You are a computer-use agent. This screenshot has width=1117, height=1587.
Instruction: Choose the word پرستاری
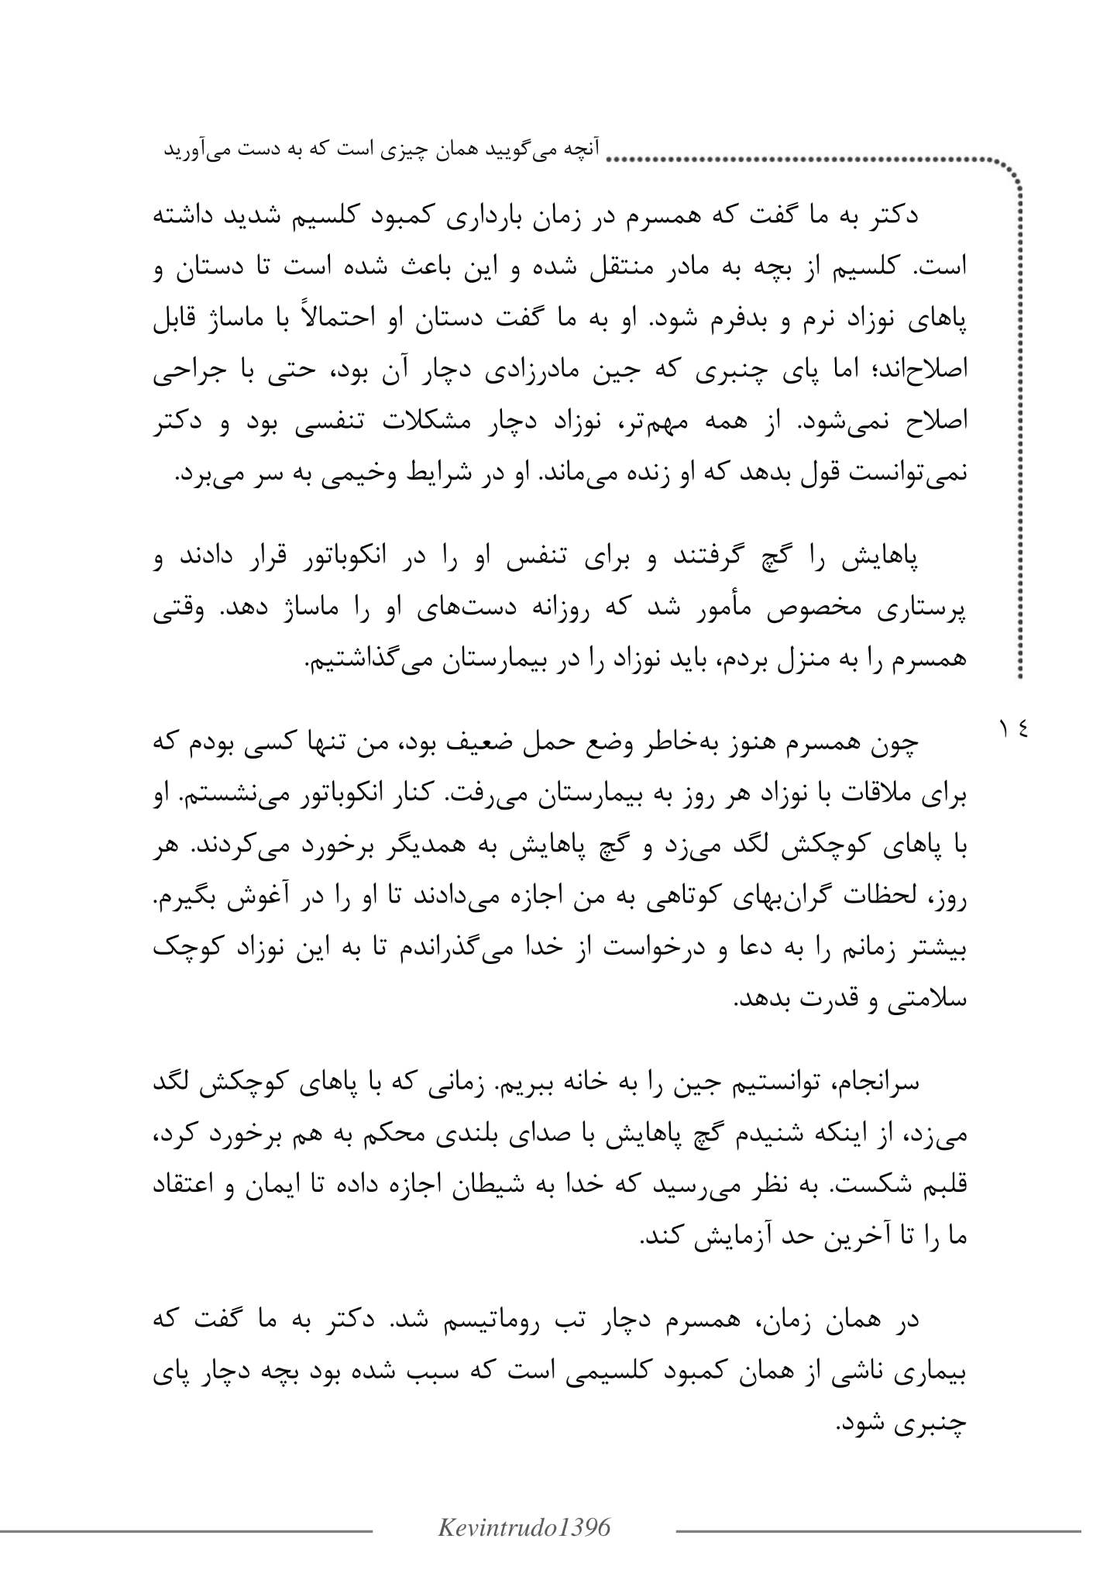[x=927, y=612]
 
